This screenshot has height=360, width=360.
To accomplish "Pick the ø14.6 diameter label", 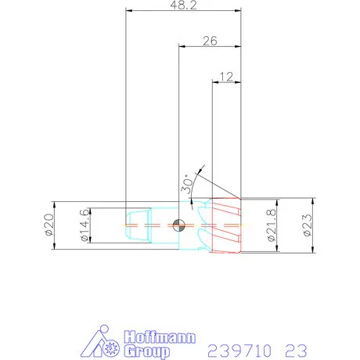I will (85, 226).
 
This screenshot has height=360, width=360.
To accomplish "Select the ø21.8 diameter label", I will (271, 225).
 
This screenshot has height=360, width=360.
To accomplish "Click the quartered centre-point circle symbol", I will (179, 225).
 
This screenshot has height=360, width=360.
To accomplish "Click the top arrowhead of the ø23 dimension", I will (312, 200).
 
